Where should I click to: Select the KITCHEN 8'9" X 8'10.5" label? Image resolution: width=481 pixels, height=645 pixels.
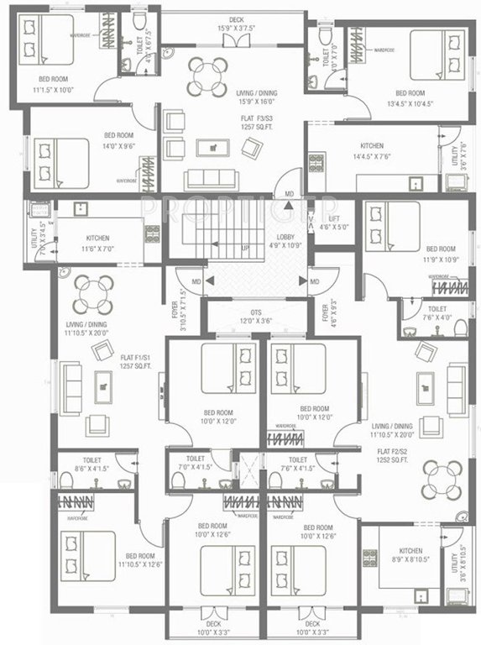coord(410,554)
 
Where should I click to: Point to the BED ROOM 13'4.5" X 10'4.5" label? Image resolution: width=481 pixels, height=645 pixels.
coord(412,98)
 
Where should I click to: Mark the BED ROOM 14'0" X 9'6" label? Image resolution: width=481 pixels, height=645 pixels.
coord(120,139)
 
